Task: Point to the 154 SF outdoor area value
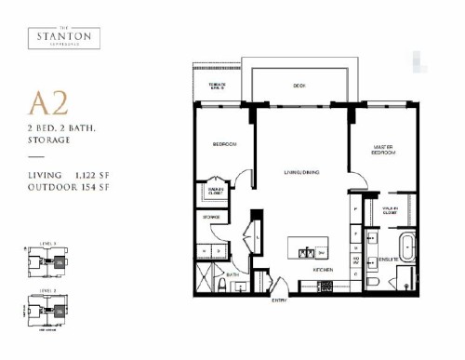click(111, 187)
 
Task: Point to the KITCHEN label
click(323, 269)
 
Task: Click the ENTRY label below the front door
click(279, 300)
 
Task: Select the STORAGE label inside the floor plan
click(210, 217)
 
